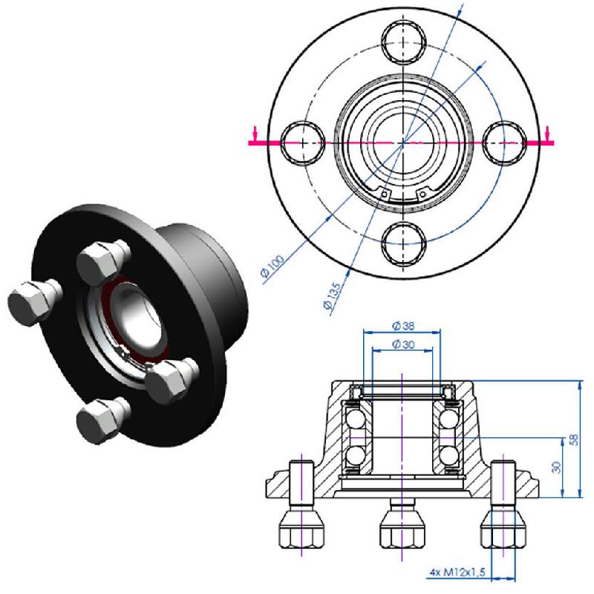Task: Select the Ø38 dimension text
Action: tap(401, 326)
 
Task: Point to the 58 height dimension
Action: tap(572, 440)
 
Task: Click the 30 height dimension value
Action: tap(556, 467)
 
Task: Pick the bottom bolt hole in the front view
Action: tap(403, 242)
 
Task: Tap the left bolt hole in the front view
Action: tap(302, 140)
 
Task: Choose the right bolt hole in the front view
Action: tap(505, 140)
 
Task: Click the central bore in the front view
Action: tap(403, 140)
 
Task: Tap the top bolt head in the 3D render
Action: tap(102, 260)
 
